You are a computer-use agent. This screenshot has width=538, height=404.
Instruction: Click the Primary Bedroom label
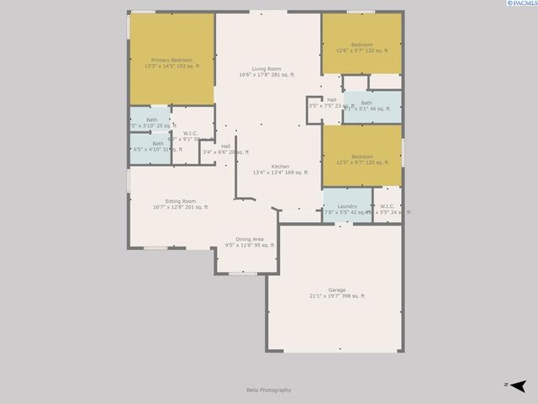click(171, 61)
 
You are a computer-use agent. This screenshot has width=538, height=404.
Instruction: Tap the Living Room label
click(266, 69)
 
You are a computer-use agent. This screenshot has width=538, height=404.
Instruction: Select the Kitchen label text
click(280, 167)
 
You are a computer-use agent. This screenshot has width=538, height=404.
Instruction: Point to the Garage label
click(336, 290)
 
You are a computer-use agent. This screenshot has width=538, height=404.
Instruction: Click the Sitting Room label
click(180, 201)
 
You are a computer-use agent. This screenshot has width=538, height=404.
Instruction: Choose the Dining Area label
click(250, 240)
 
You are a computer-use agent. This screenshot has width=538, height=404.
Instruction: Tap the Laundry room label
click(347, 206)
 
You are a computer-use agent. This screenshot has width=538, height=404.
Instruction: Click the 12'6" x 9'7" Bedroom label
click(361, 45)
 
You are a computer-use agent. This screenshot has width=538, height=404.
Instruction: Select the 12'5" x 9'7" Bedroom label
click(361, 157)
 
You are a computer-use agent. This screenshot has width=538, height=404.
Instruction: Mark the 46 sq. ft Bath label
click(367, 104)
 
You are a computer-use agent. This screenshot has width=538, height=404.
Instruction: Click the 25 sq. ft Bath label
click(151, 120)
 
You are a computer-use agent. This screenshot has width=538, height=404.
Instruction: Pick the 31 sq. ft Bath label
click(158, 143)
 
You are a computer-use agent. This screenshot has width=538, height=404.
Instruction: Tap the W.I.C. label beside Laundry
click(388, 206)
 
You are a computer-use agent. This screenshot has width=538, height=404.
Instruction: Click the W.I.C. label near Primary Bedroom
click(191, 133)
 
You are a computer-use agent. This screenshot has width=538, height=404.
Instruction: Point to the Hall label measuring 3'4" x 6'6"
click(226, 146)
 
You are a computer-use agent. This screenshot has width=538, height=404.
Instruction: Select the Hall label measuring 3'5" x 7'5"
click(331, 100)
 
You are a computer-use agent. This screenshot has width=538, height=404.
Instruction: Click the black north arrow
click(519, 385)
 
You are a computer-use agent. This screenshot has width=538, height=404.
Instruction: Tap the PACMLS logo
click(520, 4)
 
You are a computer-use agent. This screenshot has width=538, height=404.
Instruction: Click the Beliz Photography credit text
click(268, 390)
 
